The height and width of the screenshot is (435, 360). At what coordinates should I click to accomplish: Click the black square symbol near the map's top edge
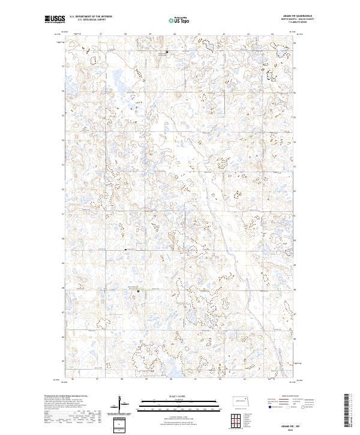[167, 55]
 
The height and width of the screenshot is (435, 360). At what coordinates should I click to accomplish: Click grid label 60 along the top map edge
[174, 34]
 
